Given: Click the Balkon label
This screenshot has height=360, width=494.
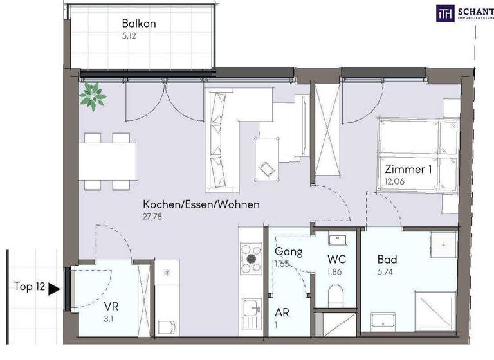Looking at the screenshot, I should pyautogui.click(x=139, y=24).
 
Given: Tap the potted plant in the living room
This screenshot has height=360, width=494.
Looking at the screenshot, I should pyautogui.click(x=93, y=96).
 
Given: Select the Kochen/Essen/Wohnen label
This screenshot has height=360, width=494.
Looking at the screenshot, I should pyautogui.click(x=201, y=205).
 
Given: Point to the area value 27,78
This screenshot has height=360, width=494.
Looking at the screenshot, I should pyautogui.click(x=152, y=217).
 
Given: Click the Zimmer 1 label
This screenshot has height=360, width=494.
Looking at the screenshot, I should pyautogui.click(x=408, y=170).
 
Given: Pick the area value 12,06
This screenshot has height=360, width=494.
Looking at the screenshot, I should pyautogui.click(x=394, y=182).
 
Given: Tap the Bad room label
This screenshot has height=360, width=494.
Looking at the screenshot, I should pyautogui.click(x=387, y=260).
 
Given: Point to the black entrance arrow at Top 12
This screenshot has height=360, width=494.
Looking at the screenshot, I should pyautogui.click(x=55, y=289).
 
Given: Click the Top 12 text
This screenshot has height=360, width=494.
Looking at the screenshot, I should pyautogui.click(x=30, y=287).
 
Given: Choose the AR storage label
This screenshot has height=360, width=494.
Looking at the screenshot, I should pyautogui.click(x=282, y=312).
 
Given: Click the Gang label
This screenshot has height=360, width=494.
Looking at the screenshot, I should pyautogui.click(x=289, y=251).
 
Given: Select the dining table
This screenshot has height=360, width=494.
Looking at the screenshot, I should pyautogui.click(x=108, y=161).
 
